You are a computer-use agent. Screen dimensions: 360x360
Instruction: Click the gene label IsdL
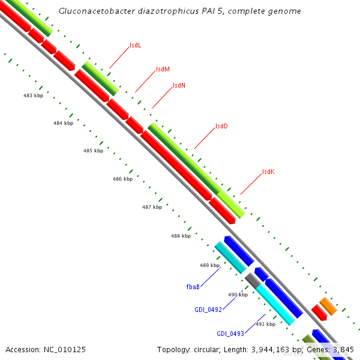coord(136,46)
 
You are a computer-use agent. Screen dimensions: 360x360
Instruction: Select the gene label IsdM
coord(163,69)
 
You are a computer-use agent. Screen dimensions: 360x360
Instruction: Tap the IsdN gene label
coord(179,85)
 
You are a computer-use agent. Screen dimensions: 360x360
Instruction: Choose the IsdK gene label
coord(268,172)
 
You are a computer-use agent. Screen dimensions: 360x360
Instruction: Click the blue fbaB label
coord(193,287)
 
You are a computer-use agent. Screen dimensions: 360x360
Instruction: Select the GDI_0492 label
coord(208,310)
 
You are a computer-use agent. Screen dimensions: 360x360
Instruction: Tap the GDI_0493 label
coord(231,334)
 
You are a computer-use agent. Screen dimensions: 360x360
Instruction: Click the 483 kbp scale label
coord(33,95)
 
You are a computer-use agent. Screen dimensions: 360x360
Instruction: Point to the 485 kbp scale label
coord(93,151)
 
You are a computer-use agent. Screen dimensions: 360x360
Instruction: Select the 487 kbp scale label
coord(152,207)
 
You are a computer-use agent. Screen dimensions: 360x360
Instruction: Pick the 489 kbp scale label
coord(209,265)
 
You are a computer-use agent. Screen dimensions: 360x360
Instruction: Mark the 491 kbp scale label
coord(265,324)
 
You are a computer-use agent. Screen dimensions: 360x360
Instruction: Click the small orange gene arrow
coord(328,306)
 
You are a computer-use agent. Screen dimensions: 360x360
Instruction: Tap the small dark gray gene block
coord(253,279)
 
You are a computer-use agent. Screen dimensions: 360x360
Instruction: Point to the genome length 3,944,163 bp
coord(280,349)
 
